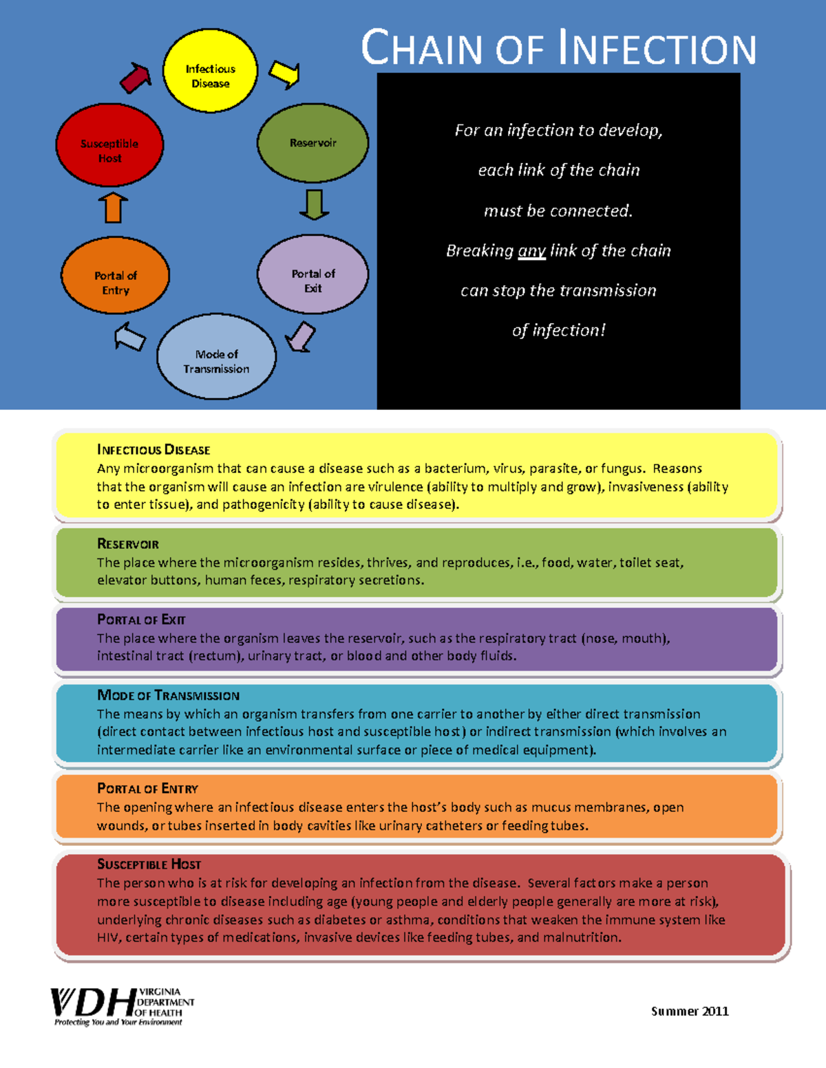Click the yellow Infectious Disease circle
pos(210,70)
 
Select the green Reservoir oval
pos(313,143)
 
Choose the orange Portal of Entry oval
pos(115,276)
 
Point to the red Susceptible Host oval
pos(109,145)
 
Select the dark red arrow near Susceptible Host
pos(136,78)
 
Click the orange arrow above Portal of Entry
pos(114,207)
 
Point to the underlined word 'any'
pos(531,251)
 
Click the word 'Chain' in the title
pos(422,48)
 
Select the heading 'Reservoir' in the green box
pos(128,544)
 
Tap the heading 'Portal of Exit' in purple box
pos(141,620)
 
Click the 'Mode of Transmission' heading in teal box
pos(168,695)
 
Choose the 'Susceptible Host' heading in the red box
pos(149,864)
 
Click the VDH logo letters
pos(93,1003)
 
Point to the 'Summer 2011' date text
pos(690,1011)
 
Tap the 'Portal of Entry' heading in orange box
pos(147,789)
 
